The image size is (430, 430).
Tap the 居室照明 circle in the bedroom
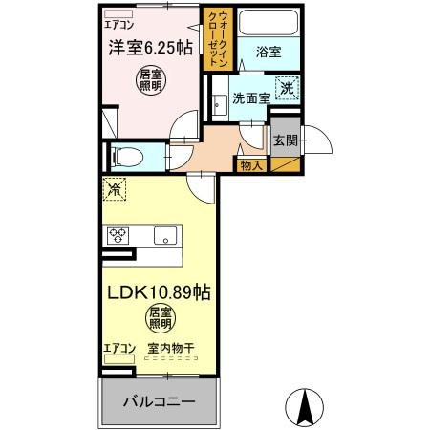point(149,79)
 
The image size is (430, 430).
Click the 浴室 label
point(268,53)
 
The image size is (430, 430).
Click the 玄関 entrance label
point(286,140)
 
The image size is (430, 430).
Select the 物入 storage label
point(251,166)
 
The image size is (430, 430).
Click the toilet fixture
point(127,157)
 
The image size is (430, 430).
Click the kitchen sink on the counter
point(164,234)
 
